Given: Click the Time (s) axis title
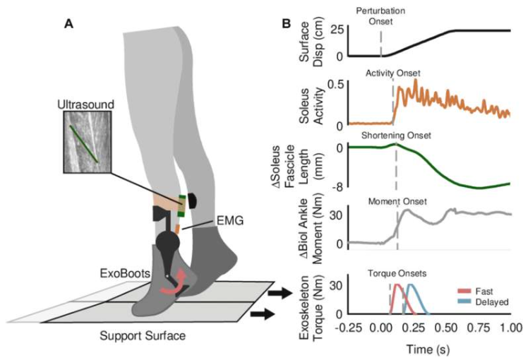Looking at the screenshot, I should [x=429, y=349].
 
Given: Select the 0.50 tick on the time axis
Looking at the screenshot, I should [x=445, y=329].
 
